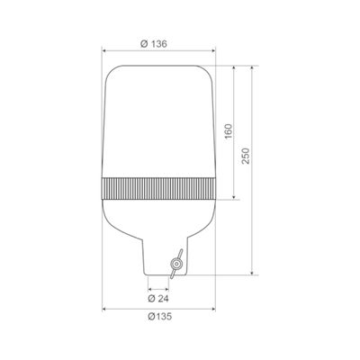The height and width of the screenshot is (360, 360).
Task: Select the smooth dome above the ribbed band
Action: (158, 117)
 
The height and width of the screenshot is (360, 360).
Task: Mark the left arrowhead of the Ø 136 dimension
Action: (107, 52)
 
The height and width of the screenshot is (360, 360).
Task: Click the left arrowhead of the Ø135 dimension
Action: (107, 309)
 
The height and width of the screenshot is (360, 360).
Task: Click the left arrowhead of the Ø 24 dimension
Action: (148, 288)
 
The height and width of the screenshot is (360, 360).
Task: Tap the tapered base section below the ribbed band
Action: (158, 220)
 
